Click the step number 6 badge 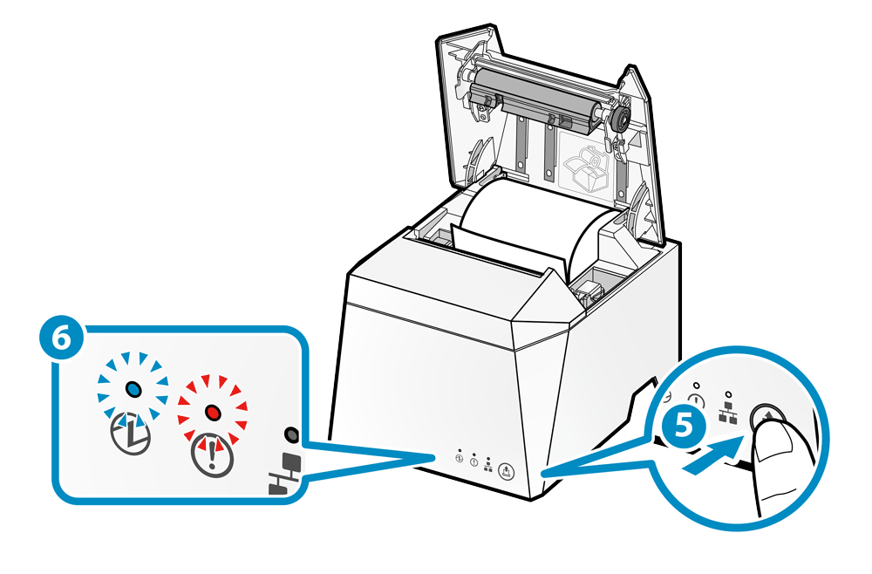61,341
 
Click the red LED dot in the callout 211,410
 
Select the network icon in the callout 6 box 286,475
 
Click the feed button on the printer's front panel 510,472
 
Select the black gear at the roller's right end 620,120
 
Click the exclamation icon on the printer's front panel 473,463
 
